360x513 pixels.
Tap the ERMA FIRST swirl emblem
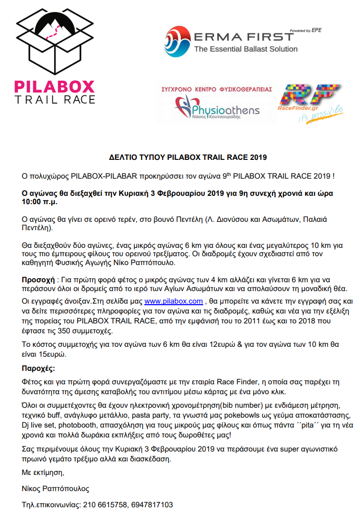[x=177, y=41]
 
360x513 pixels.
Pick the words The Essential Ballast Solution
[x=245, y=49]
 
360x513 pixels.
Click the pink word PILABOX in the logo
[x=55, y=86]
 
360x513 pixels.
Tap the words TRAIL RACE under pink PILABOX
[x=55, y=99]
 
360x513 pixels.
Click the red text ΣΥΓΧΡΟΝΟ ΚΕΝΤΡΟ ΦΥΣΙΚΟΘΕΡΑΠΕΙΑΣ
[x=224, y=89]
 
